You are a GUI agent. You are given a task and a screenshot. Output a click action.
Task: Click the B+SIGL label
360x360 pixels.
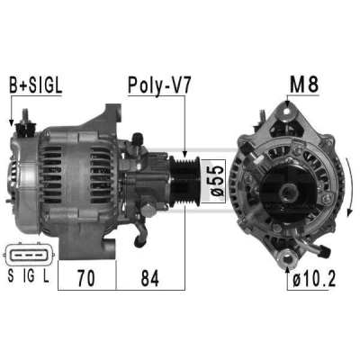pos(35,85)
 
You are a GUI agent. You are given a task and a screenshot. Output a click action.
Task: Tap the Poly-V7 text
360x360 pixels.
pos(159,86)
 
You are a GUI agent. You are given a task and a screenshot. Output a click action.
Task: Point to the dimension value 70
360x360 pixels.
pos(86,278)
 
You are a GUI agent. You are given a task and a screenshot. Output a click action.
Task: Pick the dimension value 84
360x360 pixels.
pos(150,278)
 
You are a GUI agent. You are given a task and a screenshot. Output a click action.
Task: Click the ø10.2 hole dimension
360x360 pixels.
pos(314,280)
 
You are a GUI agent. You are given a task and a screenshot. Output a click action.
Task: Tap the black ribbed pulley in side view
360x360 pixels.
pos(185,182)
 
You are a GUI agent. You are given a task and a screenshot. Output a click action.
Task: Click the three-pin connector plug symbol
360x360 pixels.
pos(29,255)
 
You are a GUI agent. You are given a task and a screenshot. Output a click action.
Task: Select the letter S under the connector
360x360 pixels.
pos(11,276)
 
